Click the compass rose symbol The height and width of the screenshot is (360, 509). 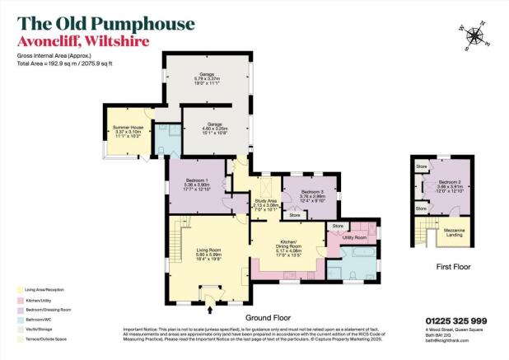(476, 35)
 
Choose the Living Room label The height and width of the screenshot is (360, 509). (208, 250)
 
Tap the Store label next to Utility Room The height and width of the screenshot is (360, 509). (337, 225)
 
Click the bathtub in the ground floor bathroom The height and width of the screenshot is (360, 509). (362, 269)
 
